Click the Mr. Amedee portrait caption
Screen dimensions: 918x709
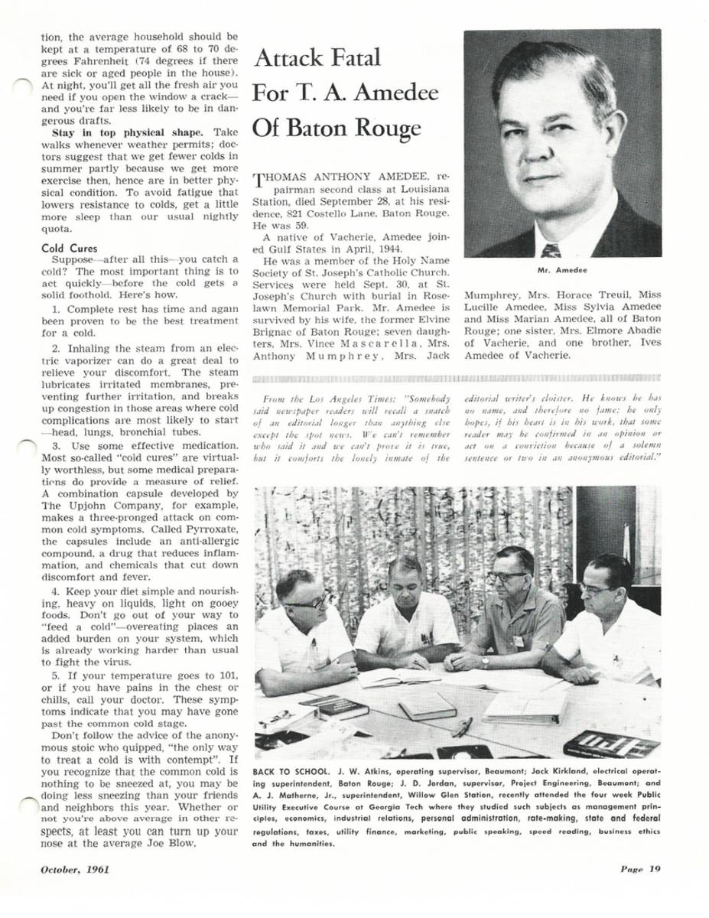pyautogui.click(x=561, y=270)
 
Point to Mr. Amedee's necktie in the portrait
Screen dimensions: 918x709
pyautogui.click(x=551, y=249)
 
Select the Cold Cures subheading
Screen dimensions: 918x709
pyautogui.click(x=67, y=248)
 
